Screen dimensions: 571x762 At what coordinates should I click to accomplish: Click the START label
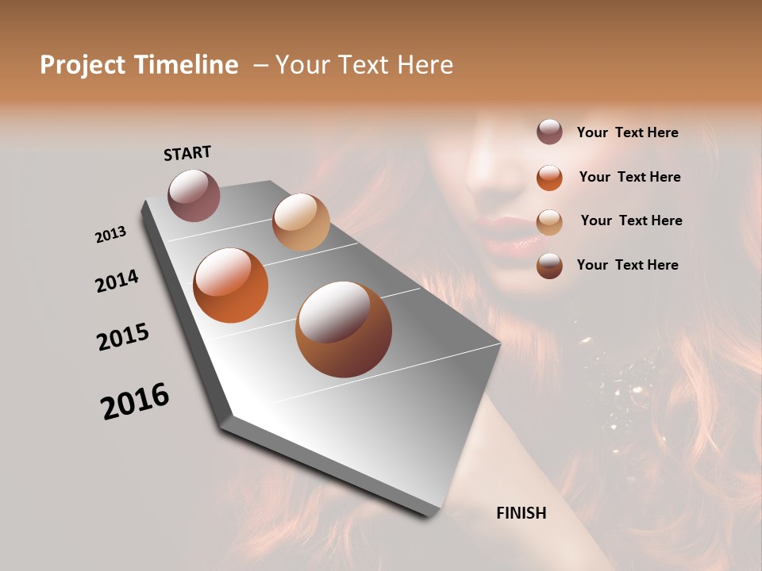(x=187, y=153)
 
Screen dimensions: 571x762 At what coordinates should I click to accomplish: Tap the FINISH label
(x=521, y=513)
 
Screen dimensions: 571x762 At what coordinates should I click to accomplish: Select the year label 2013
(x=110, y=235)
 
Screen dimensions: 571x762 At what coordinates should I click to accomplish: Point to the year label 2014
(x=117, y=281)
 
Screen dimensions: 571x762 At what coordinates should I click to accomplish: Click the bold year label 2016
(x=135, y=401)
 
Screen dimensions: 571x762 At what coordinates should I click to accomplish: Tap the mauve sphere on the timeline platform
(x=194, y=195)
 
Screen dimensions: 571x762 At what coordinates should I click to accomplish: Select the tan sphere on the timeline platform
(x=301, y=222)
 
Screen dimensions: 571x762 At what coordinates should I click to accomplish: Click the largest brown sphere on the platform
(x=344, y=329)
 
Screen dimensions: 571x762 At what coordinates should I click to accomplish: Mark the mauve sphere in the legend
(x=549, y=132)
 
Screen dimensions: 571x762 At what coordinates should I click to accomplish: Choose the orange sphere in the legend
(x=549, y=177)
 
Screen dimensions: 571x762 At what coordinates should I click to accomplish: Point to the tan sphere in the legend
(x=549, y=221)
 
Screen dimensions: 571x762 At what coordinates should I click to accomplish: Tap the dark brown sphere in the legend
(x=549, y=266)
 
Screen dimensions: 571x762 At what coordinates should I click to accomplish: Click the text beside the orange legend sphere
(x=629, y=177)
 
